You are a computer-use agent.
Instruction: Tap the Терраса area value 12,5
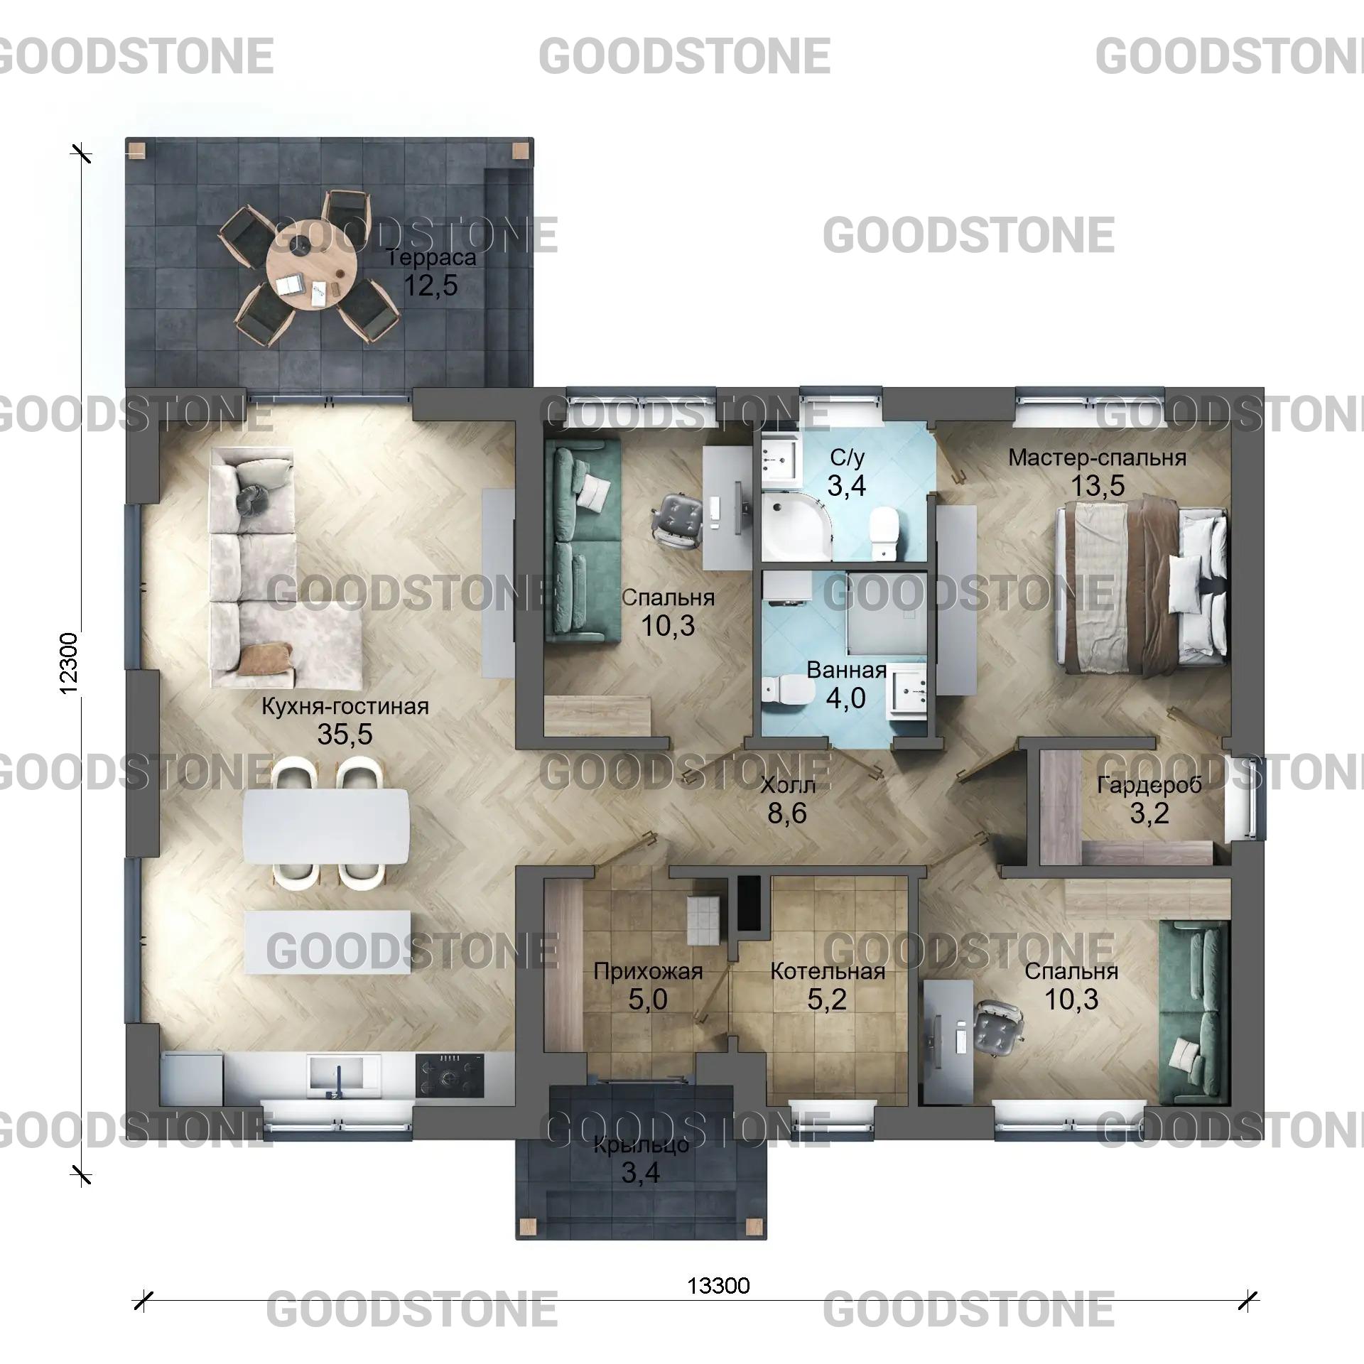pos(431,286)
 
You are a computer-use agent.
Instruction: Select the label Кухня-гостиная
pos(345,707)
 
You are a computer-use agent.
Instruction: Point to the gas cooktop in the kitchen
pos(450,1073)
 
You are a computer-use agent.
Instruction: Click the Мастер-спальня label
pos(1097,458)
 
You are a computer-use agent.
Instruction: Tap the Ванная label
pos(846,670)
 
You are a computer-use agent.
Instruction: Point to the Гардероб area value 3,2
pos(1149,813)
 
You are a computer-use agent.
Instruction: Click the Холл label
pos(787,785)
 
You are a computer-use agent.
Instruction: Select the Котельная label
pos(828,971)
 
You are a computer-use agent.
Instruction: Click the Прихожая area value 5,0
pos(647,1000)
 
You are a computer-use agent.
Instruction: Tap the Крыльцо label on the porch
pos(641,1145)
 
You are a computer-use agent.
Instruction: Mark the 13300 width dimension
pos(718,1285)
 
